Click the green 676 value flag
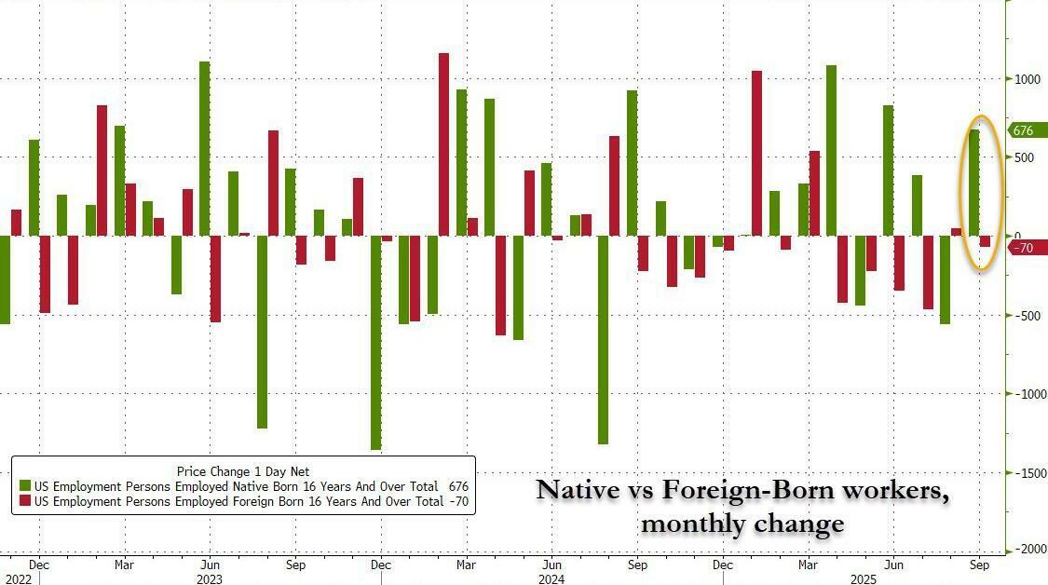coord(1027,131)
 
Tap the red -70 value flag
coord(1026,248)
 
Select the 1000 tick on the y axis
coord(1027,79)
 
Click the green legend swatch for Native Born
coord(25,486)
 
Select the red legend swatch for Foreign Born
coord(25,502)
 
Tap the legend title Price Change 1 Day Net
coord(242,471)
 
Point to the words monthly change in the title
coord(742,524)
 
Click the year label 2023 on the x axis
coord(210,578)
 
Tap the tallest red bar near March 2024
coord(443,144)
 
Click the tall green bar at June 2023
coord(204,148)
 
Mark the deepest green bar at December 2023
coord(376,343)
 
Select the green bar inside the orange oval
coord(973,183)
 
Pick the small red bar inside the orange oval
coord(985,241)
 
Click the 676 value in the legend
coord(457,486)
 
